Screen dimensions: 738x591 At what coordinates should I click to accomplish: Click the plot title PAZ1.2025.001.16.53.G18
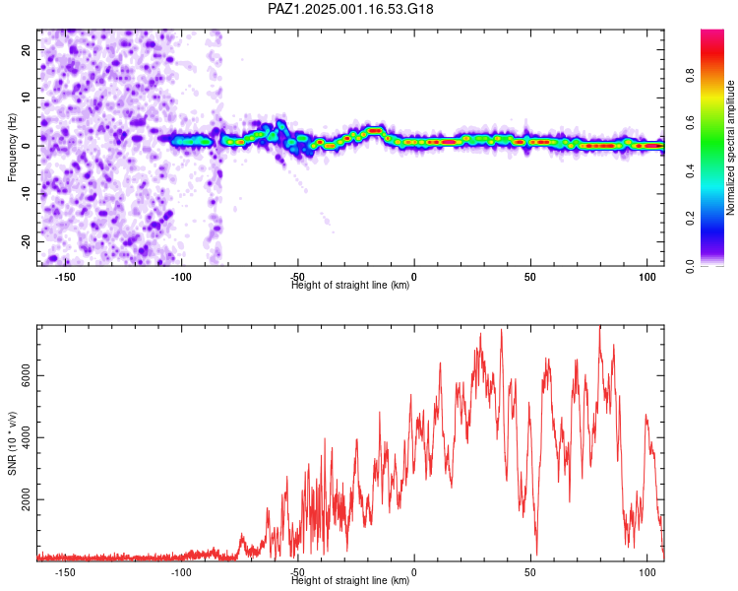pyautogui.click(x=350, y=9)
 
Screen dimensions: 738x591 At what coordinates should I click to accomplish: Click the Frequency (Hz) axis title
pyautogui.click(x=12, y=148)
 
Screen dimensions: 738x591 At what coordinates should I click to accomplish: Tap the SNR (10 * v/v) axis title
pyautogui.click(x=12, y=443)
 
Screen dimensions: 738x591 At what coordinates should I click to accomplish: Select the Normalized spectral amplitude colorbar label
pyautogui.click(x=730, y=148)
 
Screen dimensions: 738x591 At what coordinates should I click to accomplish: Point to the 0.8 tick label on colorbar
pyautogui.click(x=690, y=75)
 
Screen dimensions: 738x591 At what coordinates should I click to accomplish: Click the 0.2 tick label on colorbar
pyautogui.click(x=690, y=219)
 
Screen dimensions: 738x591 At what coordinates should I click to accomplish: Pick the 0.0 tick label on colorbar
pyautogui.click(x=690, y=266)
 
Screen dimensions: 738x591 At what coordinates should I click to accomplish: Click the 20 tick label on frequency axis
pyautogui.click(x=26, y=49)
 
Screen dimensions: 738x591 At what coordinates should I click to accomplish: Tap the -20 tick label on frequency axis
pyautogui.click(x=26, y=241)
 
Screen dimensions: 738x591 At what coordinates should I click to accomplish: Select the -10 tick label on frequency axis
pyautogui.click(x=26, y=194)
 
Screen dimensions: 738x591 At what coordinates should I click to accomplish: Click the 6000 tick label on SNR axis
pyautogui.click(x=26, y=375)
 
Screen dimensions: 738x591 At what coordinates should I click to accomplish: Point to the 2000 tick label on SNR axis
pyautogui.click(x=26, y=499)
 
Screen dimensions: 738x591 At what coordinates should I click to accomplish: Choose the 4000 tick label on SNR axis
pyautogui.click(x=26, y=437)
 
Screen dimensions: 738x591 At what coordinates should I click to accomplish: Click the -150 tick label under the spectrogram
pyautogui.click(x=65, y=277)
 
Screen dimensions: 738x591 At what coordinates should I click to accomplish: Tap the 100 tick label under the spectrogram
pyautogui.click(x=647, y=277)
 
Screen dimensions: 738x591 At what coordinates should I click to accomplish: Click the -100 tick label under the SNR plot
pyautogui.click(x=181, y=572)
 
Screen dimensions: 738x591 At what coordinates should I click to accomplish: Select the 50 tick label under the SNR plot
pyautogui.click(x=530, y=572)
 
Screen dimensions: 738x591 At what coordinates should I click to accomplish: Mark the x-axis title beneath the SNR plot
pyautogui.click(x=350, y=580)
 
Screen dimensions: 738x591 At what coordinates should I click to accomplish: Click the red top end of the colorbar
pyautogui.click(x=712, y=33)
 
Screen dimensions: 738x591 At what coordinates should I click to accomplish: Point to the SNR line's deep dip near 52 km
pyautogui.click(x=536, y=555)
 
